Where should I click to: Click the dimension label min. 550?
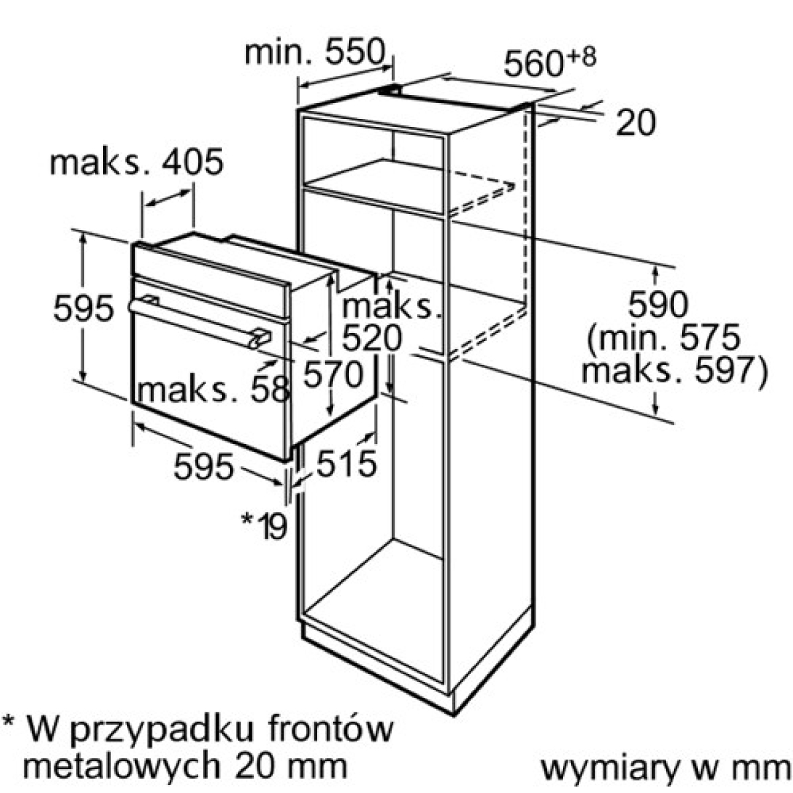314,53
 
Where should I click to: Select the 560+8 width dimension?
550,63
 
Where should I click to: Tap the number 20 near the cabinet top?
636,123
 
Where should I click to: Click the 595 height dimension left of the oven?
83,308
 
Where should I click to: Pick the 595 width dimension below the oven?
204,467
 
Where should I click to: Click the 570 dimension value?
333,375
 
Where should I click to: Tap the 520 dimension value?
371,338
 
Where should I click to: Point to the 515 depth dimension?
346,463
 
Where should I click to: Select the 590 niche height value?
658,304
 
